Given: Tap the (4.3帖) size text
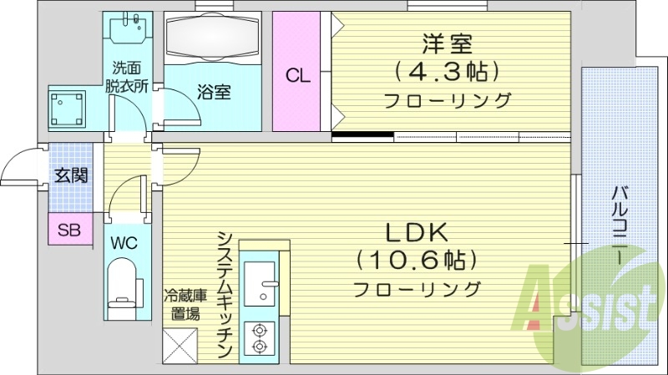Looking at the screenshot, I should click(447, 70).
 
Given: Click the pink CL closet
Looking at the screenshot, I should click(299, 73).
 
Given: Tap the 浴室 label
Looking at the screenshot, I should click(214, 91).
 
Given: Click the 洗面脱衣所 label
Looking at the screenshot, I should click(130, 77).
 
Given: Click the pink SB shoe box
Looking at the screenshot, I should click(68, 230).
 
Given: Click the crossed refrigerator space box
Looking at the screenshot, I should click(180, 343).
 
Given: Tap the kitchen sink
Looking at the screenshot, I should click(264, 282).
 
